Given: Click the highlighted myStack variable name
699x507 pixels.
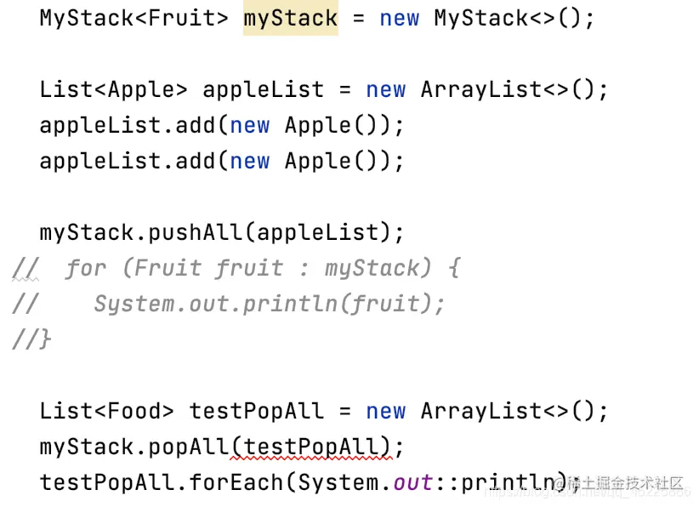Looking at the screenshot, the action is [x=291, y=19].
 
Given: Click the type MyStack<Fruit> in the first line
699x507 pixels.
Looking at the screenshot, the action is [x=134, y=19].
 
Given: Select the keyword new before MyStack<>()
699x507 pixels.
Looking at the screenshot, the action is [x=399, y=19].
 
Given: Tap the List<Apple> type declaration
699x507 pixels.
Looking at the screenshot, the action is [x=113, y=89].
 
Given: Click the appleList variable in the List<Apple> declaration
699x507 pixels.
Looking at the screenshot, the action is [x=263, y=89].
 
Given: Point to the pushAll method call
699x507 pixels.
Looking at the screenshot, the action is [x=196, y=232].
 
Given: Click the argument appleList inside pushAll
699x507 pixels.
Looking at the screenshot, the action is [x=317, y=232].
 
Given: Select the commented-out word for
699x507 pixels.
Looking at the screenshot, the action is [x=86, y=268].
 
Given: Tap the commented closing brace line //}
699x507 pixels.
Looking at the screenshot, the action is [x=31, y=339].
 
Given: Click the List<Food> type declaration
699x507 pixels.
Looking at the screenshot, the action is [x=106, y=411].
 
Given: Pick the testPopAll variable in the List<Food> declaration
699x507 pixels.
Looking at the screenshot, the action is [x=257, y=411].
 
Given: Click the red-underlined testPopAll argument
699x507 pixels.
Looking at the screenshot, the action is [x=311, y=447].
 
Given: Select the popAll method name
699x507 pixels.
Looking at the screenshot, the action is [x=188, y=447].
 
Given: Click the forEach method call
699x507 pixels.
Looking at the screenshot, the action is [x=236, y=482].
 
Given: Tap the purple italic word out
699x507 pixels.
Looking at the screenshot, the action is [x=412, y=482].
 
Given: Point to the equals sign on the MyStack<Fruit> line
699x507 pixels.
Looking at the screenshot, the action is [x=358, y=19].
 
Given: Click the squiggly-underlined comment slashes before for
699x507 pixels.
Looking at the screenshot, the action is [x=26, y=269].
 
